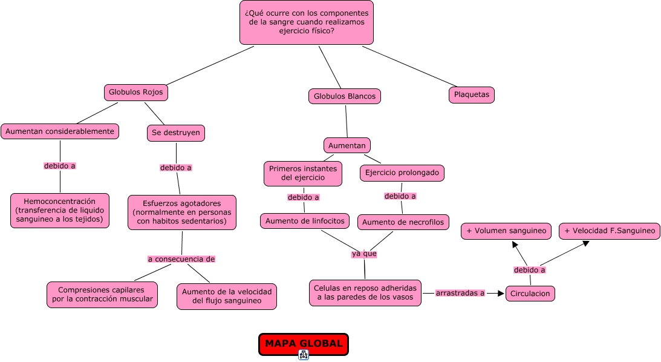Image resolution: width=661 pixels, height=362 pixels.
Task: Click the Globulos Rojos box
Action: pyautogui.click(x=135, y=93)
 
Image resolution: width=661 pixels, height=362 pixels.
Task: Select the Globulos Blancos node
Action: pyautogui.click(x=345, y=96)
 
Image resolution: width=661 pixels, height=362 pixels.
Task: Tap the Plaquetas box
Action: pyautogui.click(x=471, y=94)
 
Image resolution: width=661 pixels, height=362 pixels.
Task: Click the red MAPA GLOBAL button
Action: pyautogui.click(x=304, y=344)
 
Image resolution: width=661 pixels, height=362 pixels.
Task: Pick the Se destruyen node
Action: pyautogui.click(x=176, y=133)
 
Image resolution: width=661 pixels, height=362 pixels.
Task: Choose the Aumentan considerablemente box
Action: pyautogui.click(x=60, y=131)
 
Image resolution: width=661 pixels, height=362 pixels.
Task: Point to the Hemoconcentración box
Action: pyautogui.click(x=60, y=211)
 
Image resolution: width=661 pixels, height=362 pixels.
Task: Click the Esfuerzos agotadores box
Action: pyautogui.click(x=181, y=212)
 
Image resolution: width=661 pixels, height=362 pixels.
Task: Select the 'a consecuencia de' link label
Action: pyautogui.click(x=181, y=259)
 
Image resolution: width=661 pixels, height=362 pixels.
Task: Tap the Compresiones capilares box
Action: pyautogui.click(x=102, y=294)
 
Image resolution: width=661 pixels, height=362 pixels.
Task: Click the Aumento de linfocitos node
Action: pyautogui.click(x=305, y=221)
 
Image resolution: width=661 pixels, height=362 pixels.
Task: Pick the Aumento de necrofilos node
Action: pyautogui.click(x=403, y=222)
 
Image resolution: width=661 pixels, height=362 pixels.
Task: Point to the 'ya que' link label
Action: pyautogui.click(x=364, y=254)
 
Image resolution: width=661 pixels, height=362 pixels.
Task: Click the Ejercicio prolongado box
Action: pyautogui.click(x=402, y=173)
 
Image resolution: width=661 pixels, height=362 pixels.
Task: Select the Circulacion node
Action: pyautogui.click(x=530, y=294)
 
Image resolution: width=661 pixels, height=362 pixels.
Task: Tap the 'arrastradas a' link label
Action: pyautogui.click(x=460, y=293)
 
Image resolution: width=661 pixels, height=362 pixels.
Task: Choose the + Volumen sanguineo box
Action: pyautogui.click(x=506, y=231)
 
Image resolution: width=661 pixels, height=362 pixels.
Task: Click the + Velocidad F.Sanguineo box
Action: pyautogui.click(x=610, y=231)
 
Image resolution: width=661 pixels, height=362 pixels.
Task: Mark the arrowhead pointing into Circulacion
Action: pyautogui.click(x=501, y=293)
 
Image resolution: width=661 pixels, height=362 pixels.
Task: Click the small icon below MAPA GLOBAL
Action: pyautogui.click(x=304, y=355)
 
